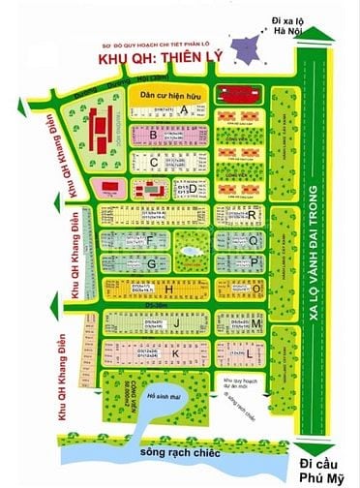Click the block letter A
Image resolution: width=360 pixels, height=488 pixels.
(183, 110)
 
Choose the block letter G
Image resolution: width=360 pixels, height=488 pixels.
(152, 261)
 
